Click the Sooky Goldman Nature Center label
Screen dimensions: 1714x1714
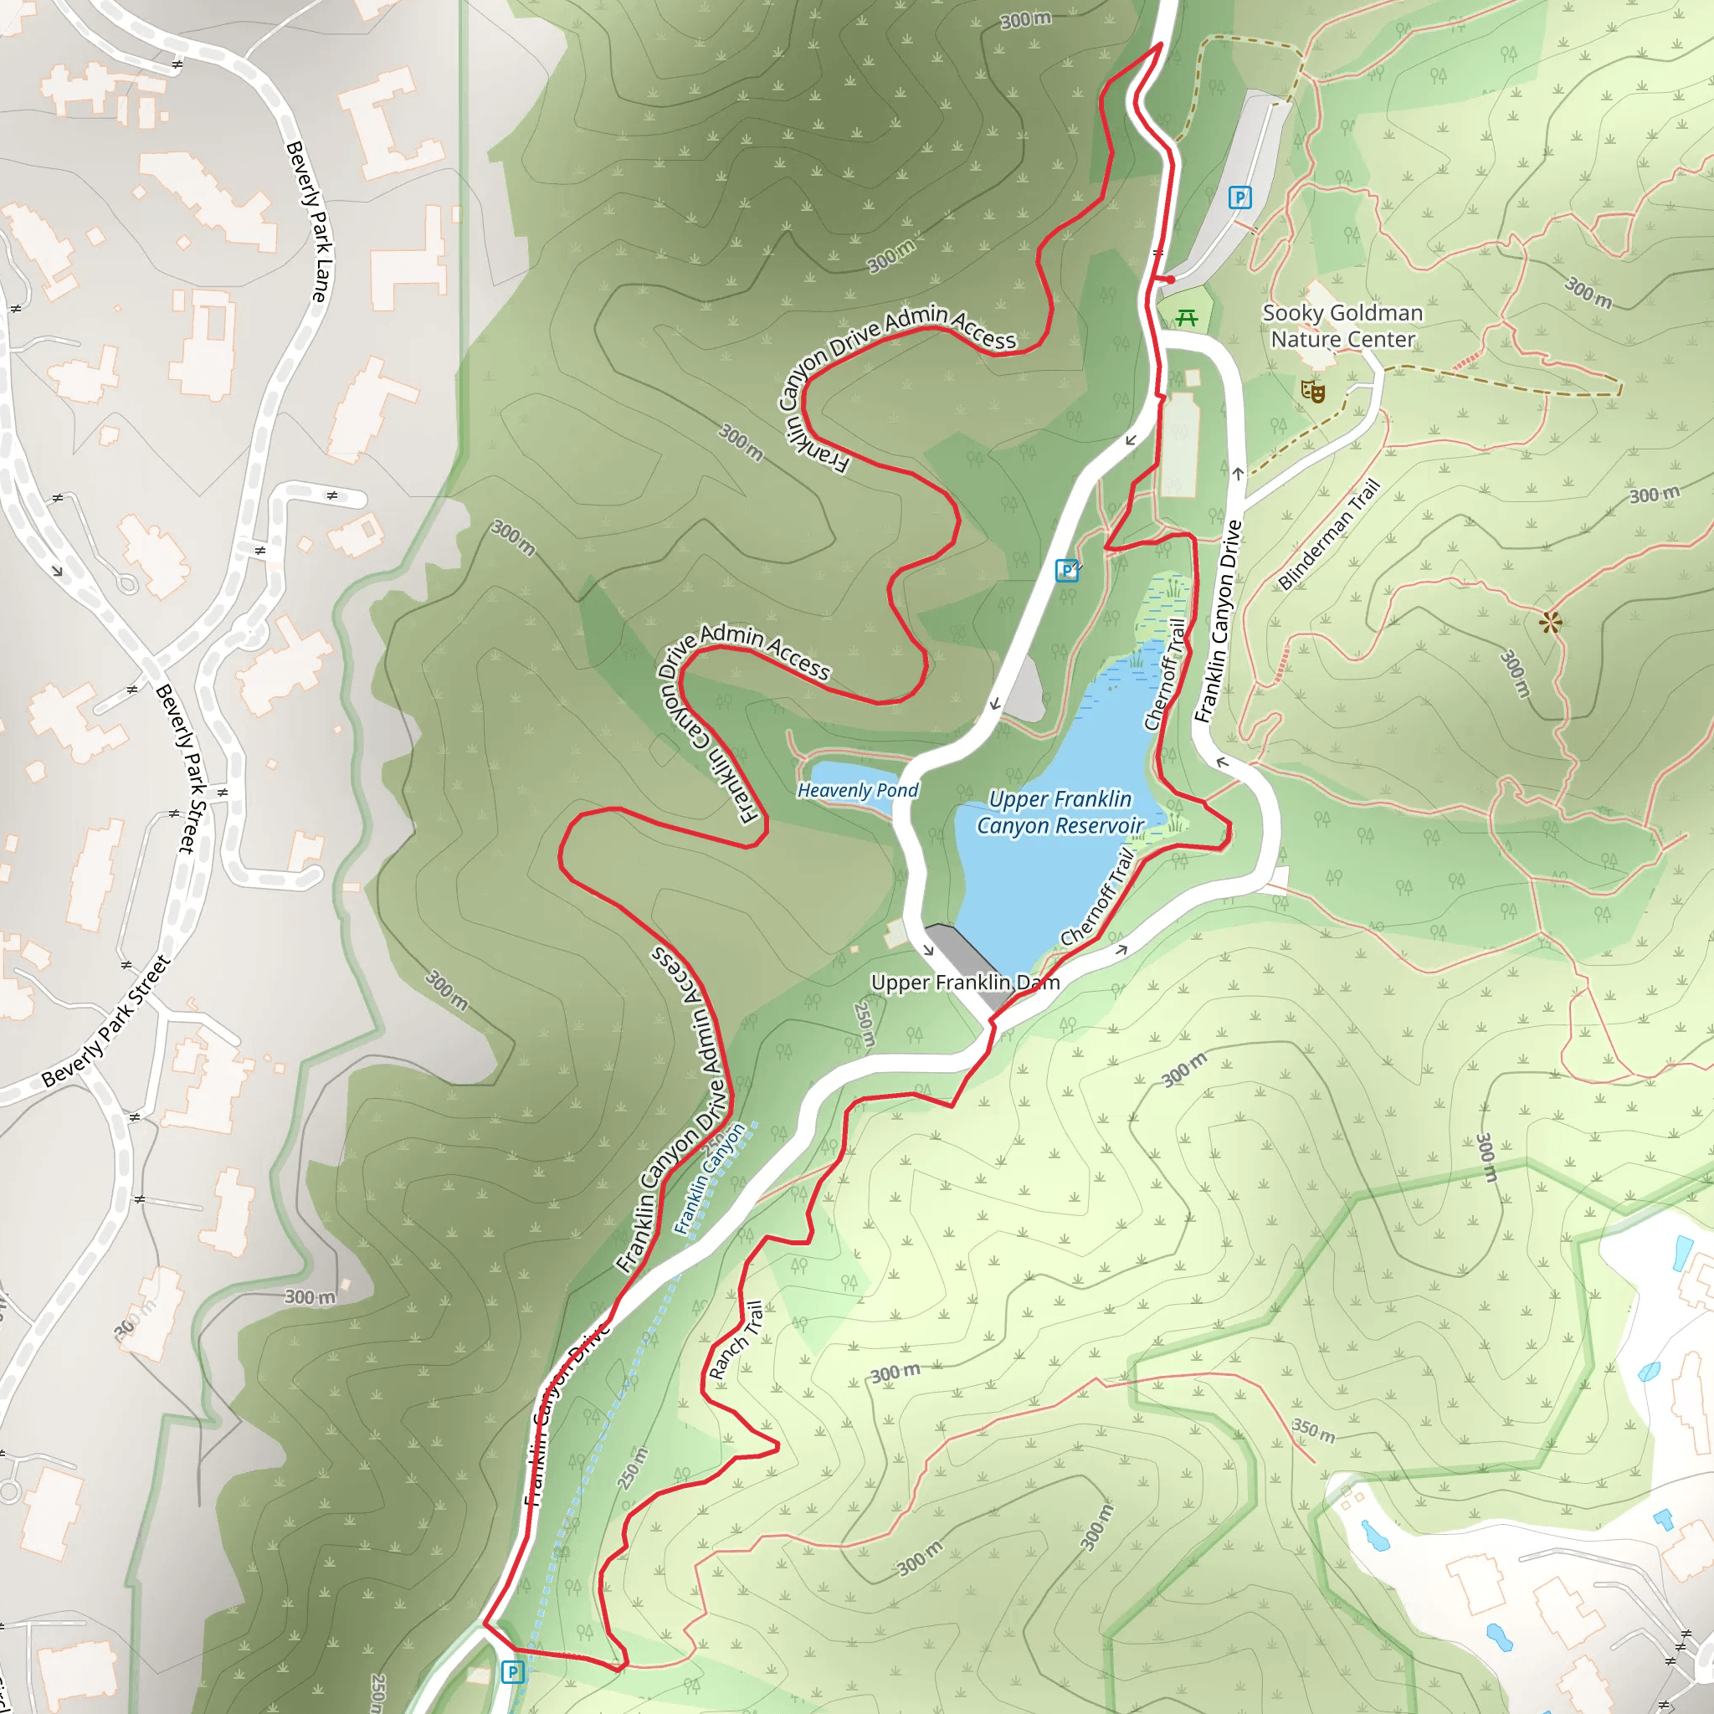tap(1342, 326)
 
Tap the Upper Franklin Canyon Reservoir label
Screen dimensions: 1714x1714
tap(1060, 812)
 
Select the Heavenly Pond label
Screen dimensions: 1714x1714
tap(857, 790)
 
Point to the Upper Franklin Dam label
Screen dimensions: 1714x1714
tap(964, 982)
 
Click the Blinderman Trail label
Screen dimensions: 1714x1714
tap(1329, 534)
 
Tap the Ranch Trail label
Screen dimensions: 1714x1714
tap(736, 1340)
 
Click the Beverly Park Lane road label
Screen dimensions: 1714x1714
tap(308, 221)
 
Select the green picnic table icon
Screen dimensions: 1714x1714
tap(1186, 316)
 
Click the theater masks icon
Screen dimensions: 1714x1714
tap(1312, 390)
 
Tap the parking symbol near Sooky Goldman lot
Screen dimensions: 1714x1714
tap(1239, 197)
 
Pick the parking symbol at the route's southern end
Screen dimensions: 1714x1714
tap(513, 1672)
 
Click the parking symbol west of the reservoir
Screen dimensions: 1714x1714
tap(1066, 571)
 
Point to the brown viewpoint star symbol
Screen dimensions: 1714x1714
tap(1550, 622)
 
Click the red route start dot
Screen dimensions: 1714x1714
tap(1170, 280)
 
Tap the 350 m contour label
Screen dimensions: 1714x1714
tap(1313, 1430)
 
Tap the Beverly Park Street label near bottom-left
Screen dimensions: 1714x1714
tap(105, 1021)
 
